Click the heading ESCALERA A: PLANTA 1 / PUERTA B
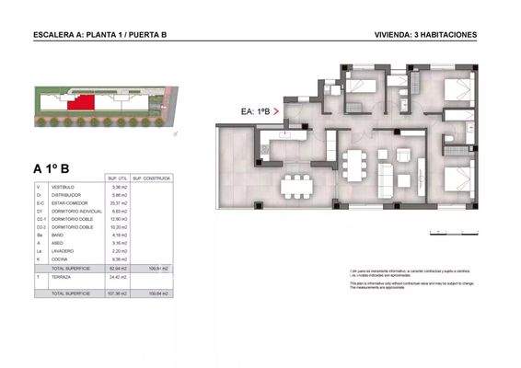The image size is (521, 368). pyautogui.click(x=99, y=35)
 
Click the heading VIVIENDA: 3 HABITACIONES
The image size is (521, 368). pyautogui.click(x=425, y=35)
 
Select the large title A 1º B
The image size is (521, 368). pyautogui.click(x=52, y=167)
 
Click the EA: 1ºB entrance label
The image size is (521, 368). pyautogui.click(x=255, y=111)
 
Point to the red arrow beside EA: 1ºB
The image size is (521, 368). pyautogui.click(x=277, y=111)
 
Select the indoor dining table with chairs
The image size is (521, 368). pyautogui.click(x=353, y=164)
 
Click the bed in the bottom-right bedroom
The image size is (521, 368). pyautogui.click(x=458, y=177)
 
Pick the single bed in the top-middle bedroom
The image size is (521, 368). pyautogui.click(x=362, y=86)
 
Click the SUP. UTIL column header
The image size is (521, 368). pyautogui.click(x=117, y=178)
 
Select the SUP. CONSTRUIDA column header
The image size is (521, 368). pyautogui.click(x=150, y=178)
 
